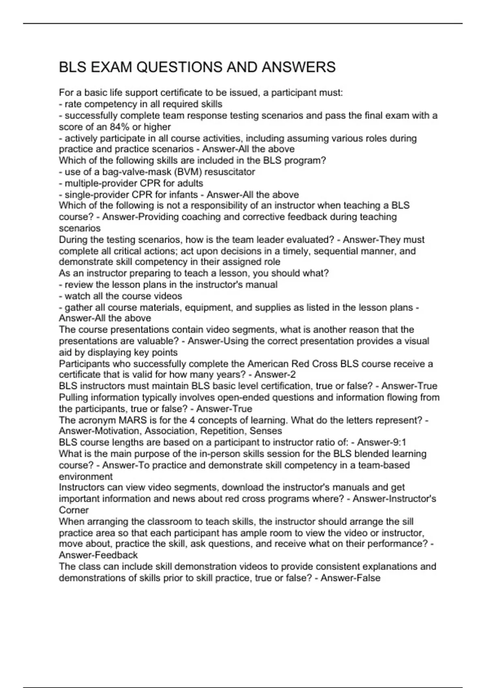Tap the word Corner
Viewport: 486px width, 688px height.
coord(74,510)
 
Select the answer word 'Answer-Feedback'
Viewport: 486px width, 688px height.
coord(98,555)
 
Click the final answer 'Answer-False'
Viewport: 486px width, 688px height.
coord(350,578)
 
